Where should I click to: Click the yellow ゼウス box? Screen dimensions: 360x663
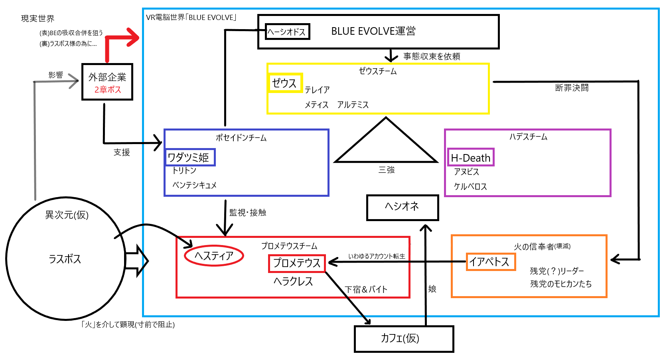285,83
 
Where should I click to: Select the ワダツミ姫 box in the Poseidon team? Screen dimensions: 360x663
190,157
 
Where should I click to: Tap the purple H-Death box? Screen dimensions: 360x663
470,158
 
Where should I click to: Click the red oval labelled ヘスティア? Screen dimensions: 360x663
214,255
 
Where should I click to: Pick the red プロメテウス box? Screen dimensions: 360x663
297,263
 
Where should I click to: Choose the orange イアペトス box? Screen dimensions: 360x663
490,262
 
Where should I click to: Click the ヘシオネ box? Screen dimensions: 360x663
402,207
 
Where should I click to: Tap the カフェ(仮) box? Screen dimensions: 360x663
403,339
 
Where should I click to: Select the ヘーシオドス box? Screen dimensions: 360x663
287,32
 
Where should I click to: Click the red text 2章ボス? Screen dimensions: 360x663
108,90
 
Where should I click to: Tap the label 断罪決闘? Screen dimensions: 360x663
572,88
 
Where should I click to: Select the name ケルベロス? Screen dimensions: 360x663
470,187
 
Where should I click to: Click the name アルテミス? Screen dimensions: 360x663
353,105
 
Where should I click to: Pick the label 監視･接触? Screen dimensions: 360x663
248,213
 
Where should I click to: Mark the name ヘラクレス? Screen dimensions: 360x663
293,282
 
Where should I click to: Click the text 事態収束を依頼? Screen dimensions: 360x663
431,56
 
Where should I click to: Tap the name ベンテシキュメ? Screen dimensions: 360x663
194,185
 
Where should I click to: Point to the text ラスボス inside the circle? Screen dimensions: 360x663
65,259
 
